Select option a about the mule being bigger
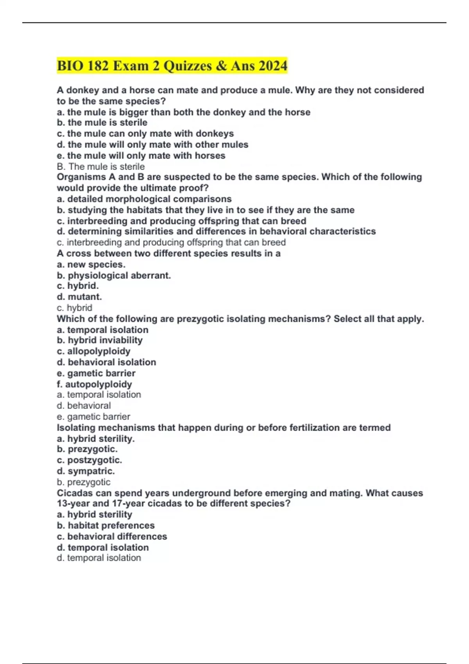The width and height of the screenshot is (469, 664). coord(183,112)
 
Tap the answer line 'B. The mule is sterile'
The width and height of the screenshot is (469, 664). coord(100,166)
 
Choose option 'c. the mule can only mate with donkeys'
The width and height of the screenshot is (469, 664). coord(145,134)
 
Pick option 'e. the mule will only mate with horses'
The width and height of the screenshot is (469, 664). coord(141,155)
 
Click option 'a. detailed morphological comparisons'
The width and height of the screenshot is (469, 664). coord(144,199)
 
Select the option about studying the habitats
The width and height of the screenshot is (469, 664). coord(206,210)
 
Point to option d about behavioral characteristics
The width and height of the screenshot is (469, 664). coord(216,231)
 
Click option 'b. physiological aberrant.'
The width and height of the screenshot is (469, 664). coord(114,275)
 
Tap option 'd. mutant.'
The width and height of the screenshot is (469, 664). coord(79,297)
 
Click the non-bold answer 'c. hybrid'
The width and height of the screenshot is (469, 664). coord(74,308)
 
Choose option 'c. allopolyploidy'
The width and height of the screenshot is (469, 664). coord(93,351)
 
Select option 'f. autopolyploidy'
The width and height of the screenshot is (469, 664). coord(94,384)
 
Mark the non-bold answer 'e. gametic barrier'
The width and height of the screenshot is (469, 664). coord(93,416)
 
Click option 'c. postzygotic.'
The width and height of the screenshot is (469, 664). coord(89,460)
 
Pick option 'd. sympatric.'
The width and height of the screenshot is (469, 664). coord(86,471)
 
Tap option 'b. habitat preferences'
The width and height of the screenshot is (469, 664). coord(106,525)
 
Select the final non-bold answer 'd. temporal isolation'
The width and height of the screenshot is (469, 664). coord(98,558)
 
